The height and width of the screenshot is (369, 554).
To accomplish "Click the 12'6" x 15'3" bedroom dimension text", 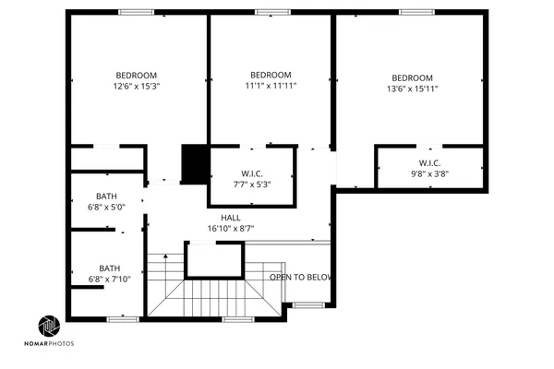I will (x=137, y=87).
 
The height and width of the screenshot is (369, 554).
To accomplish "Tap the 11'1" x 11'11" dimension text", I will (x=271, y=86).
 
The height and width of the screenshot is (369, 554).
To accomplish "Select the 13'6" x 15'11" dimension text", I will (x=412, y=89).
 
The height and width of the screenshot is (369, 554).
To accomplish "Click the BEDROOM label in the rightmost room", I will (x=412, y=77).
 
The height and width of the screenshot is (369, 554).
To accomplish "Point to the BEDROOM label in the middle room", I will (x=271, y=75).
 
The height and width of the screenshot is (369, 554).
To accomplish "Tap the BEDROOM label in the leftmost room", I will (x=137, y=75).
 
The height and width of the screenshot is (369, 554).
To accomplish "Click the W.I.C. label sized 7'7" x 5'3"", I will (x=253, y=173).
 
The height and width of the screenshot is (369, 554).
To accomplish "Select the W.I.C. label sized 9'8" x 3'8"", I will (x=430, y=162).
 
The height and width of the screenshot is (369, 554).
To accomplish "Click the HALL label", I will (x=231, y=217).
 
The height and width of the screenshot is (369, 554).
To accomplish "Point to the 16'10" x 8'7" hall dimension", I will (x=231, y=228).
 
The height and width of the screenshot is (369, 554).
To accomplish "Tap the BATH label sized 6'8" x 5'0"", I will (x=108, y=196).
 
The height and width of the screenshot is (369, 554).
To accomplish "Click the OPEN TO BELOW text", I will (x=301, y=277).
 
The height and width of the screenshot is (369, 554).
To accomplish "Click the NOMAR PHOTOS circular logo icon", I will (x=49, y=327).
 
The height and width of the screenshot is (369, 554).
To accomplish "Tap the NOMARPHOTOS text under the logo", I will (x=56, y=343).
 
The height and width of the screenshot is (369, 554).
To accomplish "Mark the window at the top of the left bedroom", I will (x=136, y=12).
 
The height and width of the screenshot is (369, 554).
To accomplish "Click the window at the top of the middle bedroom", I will (x=271, y=12).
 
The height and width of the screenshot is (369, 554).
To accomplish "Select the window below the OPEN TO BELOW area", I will (x=307, y=304).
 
